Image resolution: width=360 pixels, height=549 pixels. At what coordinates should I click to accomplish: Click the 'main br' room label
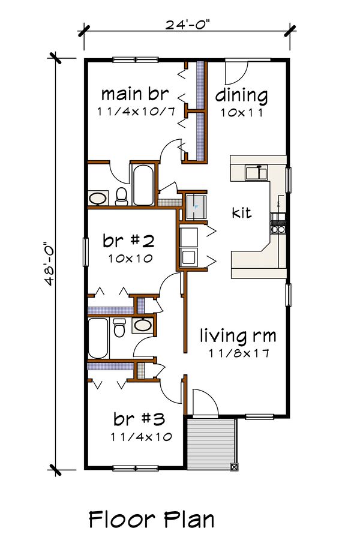[x=134, y=94]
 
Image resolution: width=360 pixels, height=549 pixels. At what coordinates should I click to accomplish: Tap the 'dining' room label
[x=241, y=95]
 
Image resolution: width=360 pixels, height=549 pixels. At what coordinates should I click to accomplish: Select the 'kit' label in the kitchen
[x=242, y=212]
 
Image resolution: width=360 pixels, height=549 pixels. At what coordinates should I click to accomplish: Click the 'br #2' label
[x=128, y=241]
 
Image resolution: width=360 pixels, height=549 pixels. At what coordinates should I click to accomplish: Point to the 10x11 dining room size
[x=241, y=112]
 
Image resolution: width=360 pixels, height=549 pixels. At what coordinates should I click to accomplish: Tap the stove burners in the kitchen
[x=278, y=223]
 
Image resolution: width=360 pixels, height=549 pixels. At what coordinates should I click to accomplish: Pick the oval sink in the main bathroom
[x=98, y=197]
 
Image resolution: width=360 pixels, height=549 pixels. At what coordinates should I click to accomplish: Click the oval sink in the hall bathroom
[x=143, y=326]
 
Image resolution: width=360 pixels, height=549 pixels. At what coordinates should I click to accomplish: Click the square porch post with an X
[x=234, y=466]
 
